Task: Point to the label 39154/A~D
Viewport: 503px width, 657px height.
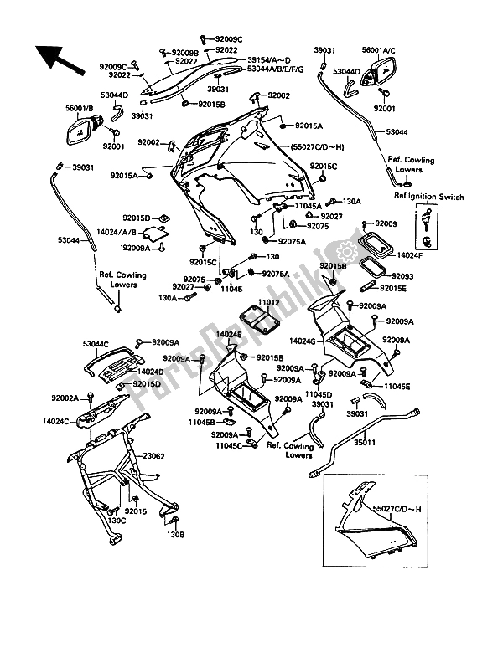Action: (x=268, y=61)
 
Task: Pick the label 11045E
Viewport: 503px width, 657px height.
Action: (x=397, y=387)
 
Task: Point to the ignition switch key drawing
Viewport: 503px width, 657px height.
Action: (x=427, y=227)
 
